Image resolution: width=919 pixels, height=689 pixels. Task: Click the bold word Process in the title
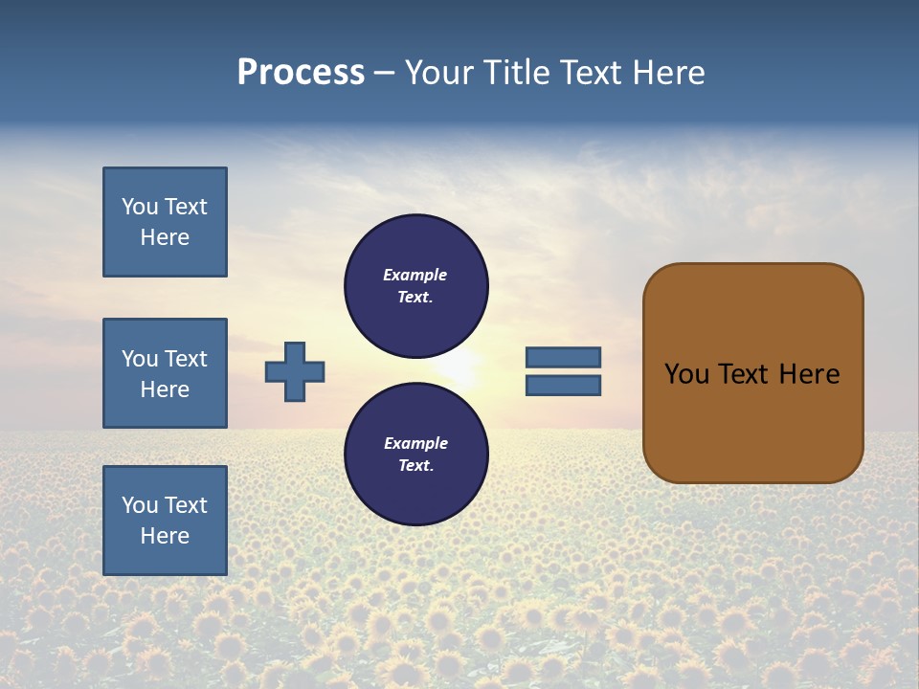[x=301, y=73]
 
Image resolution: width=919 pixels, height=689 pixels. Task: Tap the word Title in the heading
[x=514, y=73]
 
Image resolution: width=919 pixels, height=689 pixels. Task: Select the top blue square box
[x=165, y=222]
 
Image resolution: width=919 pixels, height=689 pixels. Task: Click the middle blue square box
[x=165, y=373]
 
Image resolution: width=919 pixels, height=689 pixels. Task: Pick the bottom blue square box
[x=165, y=521]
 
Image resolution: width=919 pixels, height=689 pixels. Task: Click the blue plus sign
[x=295, y=371]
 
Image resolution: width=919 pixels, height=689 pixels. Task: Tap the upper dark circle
[x=416, y=285]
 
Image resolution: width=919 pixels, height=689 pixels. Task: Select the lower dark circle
[x=416, y=454]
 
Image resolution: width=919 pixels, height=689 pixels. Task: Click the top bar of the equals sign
[x=564, y=358]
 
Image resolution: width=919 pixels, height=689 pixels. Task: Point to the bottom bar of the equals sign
[x=564, y=386]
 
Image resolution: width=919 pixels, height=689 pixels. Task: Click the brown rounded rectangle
[x=752, y=421]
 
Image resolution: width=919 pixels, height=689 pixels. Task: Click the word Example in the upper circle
[x=415, y=275]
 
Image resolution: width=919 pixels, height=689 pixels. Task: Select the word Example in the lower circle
[x=415, y=443]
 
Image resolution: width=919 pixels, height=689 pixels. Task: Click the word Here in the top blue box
[x=165, y=237]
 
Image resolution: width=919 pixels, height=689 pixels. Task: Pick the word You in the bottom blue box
[x=140, y=505]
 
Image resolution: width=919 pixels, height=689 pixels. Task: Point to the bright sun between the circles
[x=459, y=369]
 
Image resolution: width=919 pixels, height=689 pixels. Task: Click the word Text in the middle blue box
[x=186, y=359]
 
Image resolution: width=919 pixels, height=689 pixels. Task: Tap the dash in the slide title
[x=385, y=74]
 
